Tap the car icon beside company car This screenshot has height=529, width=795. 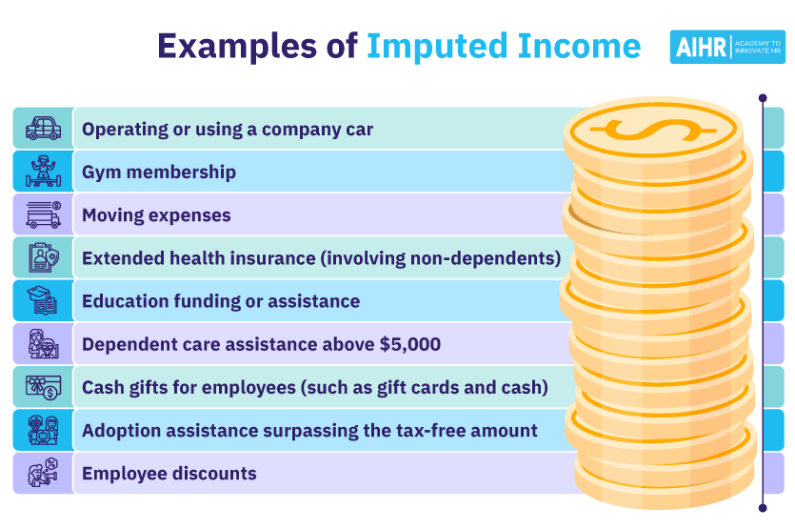pos(43,129)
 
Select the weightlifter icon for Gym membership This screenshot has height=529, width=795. pos(43,172)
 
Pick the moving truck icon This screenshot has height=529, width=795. pos(43,214)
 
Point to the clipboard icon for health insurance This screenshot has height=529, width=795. pos(43,257)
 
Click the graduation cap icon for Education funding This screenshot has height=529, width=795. pos(43,301)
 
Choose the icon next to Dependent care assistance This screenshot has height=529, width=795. pos(43,344)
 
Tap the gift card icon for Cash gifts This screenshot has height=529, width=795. pos(43,387)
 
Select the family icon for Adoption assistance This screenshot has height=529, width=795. pos(43,430)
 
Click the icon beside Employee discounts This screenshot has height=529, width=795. pos(43,473)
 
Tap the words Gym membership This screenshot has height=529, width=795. pos(159,173)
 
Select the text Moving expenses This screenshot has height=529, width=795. pos(156,215)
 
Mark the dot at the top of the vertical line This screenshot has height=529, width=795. pos(763,97)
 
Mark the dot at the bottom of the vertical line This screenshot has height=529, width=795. pos(763,507)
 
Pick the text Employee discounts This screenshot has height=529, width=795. pos(169,474)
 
